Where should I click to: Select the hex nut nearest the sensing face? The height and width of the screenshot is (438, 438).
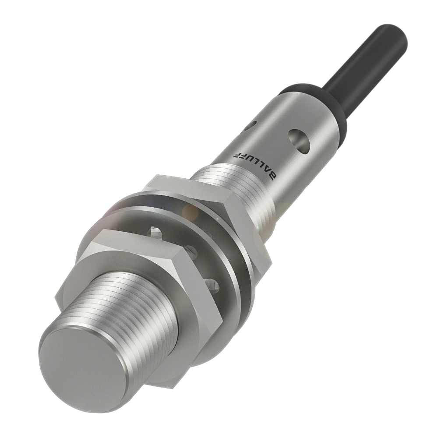145,280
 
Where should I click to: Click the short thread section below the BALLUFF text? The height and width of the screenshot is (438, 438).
237,184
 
